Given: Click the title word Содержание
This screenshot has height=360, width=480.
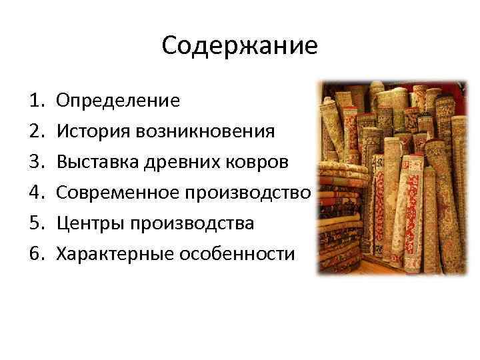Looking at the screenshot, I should point(239,46).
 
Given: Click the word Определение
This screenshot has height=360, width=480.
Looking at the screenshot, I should point(118,101).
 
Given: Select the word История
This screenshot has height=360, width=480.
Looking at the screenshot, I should point(93,131).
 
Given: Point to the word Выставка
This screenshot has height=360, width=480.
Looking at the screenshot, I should point(97,162).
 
